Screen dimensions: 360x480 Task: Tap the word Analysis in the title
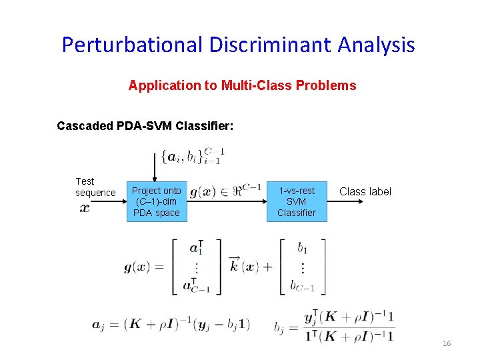[x=376, y=45]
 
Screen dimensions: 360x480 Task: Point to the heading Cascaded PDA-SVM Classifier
[x=145, y=125]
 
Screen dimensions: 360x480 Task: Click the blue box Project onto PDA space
[x=157, y=201]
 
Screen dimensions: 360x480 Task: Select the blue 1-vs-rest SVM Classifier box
[x=296, y=201]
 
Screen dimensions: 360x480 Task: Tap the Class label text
[x=365, y=191]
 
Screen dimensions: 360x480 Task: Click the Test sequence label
[x=95, y=187]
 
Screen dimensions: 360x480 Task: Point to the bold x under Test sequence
[x=85, y=207]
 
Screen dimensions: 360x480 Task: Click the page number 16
[x=447, y=343]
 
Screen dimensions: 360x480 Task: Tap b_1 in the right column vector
[x=302, y=249]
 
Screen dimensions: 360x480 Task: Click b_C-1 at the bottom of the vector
[x=302, y=287]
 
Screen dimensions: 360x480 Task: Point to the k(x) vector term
[x=243, y=266]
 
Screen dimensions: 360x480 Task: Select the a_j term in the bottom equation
[x=98, y=325]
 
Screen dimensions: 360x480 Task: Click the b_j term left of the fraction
[x=281, y=327]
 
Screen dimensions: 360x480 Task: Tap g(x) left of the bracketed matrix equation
[x=139, y=267]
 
